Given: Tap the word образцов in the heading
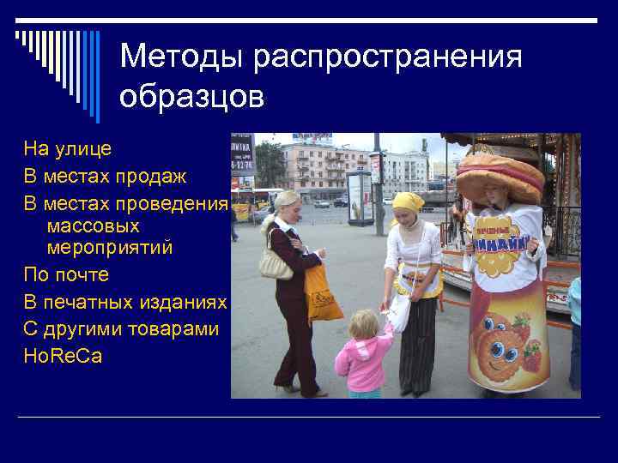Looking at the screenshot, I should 192,97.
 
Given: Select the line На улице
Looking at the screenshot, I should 68,148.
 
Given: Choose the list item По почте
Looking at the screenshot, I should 66,275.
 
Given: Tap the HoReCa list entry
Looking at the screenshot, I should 63,356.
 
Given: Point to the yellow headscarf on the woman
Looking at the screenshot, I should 409,202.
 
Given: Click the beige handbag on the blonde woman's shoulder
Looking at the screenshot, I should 275,263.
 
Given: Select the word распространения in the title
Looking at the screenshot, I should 387,57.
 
